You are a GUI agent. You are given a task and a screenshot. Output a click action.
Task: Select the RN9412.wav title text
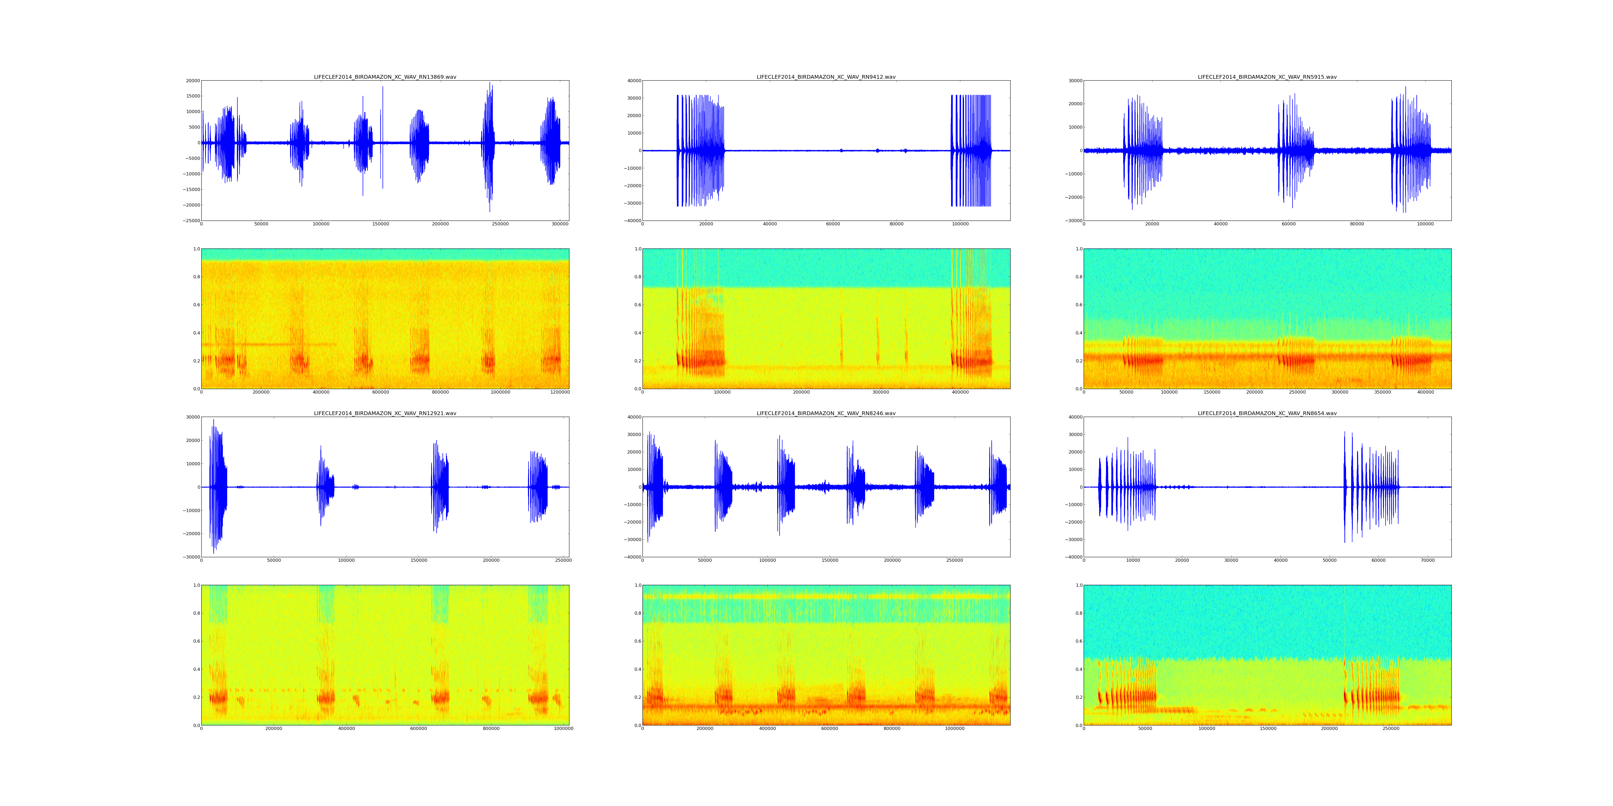point(826,77)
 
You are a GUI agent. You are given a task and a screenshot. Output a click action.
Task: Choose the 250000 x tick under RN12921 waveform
point(563,561)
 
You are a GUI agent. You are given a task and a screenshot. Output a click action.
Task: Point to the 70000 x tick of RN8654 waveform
point(1428,561)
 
